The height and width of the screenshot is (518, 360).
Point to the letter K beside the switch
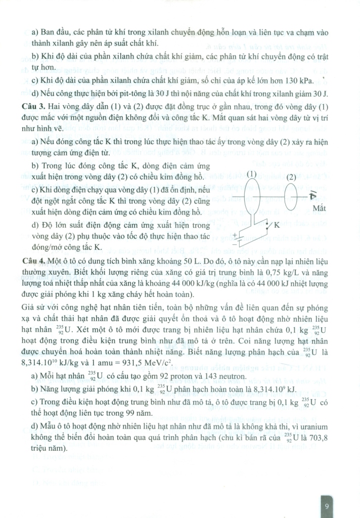277,225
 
